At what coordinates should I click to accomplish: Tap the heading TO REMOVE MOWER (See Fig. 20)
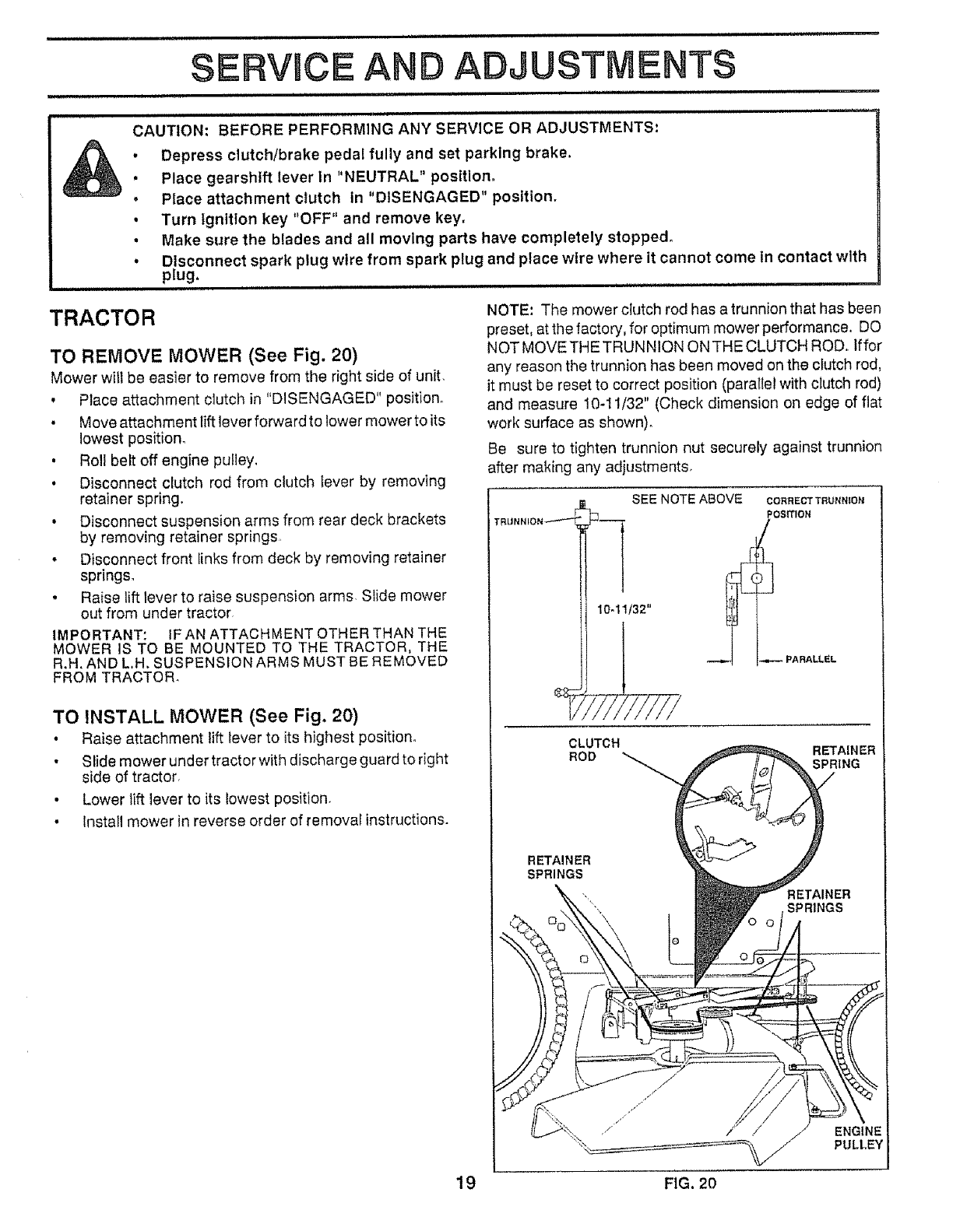203,356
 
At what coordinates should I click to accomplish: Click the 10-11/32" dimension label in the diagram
623,610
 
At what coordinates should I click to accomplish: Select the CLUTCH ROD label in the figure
594,749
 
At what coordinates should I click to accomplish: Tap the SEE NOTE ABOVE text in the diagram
687,499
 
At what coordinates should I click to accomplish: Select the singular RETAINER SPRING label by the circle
843,757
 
